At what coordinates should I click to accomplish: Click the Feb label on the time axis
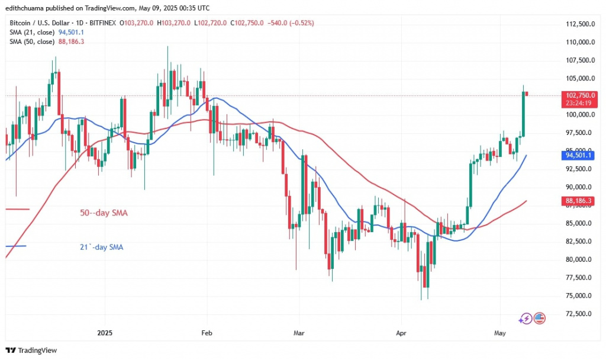coord(207,333)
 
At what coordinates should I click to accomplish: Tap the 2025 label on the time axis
coord(104,333)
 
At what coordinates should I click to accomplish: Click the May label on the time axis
coord(499,333)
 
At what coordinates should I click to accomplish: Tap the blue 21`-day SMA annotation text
coord(101,247)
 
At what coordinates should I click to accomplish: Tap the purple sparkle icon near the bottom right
coord(524,319)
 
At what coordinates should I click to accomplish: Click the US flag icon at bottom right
coord(539,319)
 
